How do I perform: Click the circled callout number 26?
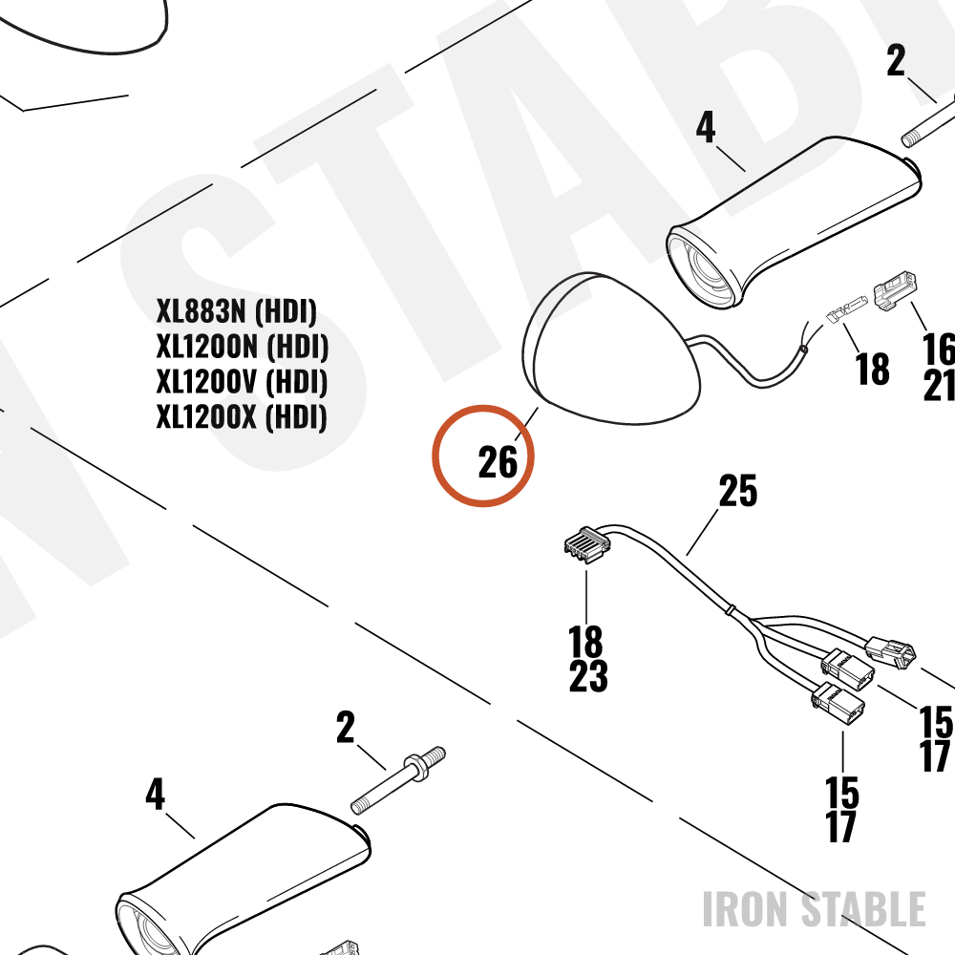pos(498,461)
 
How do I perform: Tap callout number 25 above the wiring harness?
pos(737,490)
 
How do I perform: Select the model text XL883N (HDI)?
pos(236,311)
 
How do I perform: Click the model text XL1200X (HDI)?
pos(242,417)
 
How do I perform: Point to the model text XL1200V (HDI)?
pos(242,382)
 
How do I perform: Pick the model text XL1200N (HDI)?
pos(243,347)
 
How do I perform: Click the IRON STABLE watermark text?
pos(815,909)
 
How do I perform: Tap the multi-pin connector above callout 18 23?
pos(587,544)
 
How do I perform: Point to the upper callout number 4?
pos(706,127)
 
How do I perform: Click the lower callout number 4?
pos(155,795)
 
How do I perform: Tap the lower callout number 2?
pos(346,727)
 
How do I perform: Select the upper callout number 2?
pos(896,60)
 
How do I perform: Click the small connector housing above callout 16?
pos(896,288)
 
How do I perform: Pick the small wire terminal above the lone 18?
pos(846,309)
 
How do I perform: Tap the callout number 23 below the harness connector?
pos(588,675)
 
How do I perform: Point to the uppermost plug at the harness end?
pos(890,652)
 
